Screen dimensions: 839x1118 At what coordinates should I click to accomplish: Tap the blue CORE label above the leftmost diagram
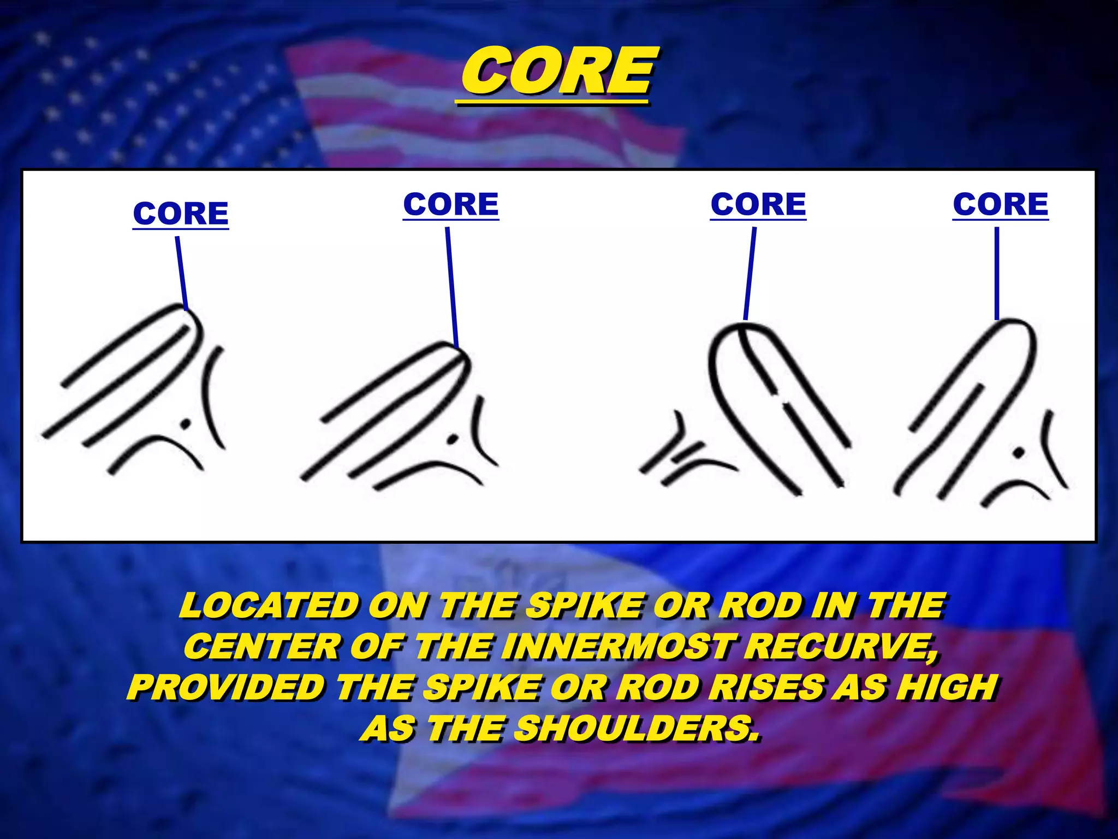(x=181, y=213)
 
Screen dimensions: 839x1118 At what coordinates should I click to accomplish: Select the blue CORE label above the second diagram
(x=451, y=204)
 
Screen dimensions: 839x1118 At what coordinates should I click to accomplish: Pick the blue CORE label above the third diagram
(x=758, y=204)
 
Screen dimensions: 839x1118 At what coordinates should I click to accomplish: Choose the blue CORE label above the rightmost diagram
(x=1001, y=204)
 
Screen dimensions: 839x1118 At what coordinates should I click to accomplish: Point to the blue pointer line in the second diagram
(x=451, y=287)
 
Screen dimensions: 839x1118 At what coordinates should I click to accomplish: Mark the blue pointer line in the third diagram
(x=750, y=273)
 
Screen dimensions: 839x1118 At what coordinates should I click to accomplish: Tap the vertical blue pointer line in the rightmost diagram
(x=997, y=273)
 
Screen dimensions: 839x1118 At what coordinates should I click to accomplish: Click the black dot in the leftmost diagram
(x=186, y=423)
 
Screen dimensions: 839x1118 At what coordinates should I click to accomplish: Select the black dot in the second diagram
(x=453, y=439)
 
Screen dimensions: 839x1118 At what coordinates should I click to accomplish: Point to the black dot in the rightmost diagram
(x=1018, y=452)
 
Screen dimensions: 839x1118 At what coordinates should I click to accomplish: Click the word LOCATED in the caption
(x=269, y=606)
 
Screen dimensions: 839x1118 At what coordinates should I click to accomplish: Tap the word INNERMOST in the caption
(x=617, y=647)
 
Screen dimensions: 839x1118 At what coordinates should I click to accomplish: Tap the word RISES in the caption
(x=769, y=687)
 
